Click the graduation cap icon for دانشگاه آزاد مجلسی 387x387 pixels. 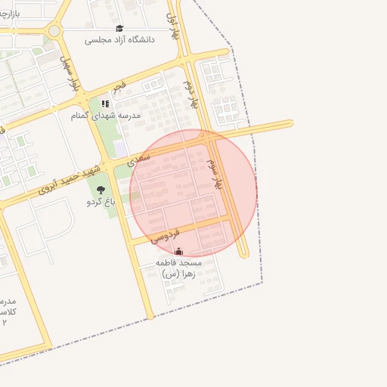pyautogui.click(x=119, y=29)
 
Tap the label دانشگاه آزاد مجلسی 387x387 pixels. pyautogui.click(x=119, y=39)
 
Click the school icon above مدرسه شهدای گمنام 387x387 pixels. pyautogui.click(x=105, y=104)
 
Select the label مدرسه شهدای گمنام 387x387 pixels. pyautogui.click(x=105, y=116)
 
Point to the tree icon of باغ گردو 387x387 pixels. pyautogui.click(x=101, y=190)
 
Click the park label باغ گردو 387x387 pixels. pyautogui.click(x=101, y=202)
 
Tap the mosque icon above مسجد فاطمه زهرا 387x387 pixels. pyautogui.click(x=178, y=252)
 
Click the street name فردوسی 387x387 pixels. pyautogui.click(x=165, y=235)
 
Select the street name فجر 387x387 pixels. pyautogui.click(x=121, y=85)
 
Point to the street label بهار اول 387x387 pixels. pyautogui.click(x=175, y=26)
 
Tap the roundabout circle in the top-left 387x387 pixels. pyautogui.click(x=54, y=31)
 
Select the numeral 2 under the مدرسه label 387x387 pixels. pyautogui.click(x=5, y=322)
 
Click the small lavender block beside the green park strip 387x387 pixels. pyautogui.click(x=120, y=149)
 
